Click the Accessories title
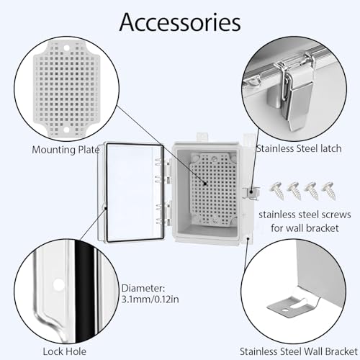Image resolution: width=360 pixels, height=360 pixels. click(x=180, y=22)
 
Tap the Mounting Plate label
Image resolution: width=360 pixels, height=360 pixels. click(x=66, y=150)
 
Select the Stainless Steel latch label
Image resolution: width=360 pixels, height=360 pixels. click(x=299, y=148)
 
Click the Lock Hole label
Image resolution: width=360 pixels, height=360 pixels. click(x=65, y=351)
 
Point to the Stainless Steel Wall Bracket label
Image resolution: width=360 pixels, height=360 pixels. click(x=299, y=351)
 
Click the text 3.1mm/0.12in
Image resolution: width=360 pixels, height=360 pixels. click(x=150, y=300)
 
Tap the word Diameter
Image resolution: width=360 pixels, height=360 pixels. click(x=143, y=288)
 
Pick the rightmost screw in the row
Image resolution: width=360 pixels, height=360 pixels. click(x=328, y=190)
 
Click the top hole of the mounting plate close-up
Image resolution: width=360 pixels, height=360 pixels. click(x=66, y=48)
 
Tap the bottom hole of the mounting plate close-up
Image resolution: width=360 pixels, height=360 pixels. click(x=66, y=130)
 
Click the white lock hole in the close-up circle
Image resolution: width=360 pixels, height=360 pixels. click(x=58, y=285)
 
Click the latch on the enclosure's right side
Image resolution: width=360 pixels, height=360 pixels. click(x=251, y=193)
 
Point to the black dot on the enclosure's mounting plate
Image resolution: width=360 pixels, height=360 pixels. click(x=205, y=184)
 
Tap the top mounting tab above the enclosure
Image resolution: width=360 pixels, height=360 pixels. click(x=202, y=138)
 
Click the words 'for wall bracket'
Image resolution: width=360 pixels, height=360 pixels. click(x=305, y=228)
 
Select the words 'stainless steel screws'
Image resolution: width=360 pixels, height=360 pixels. click(x=305, y=215)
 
